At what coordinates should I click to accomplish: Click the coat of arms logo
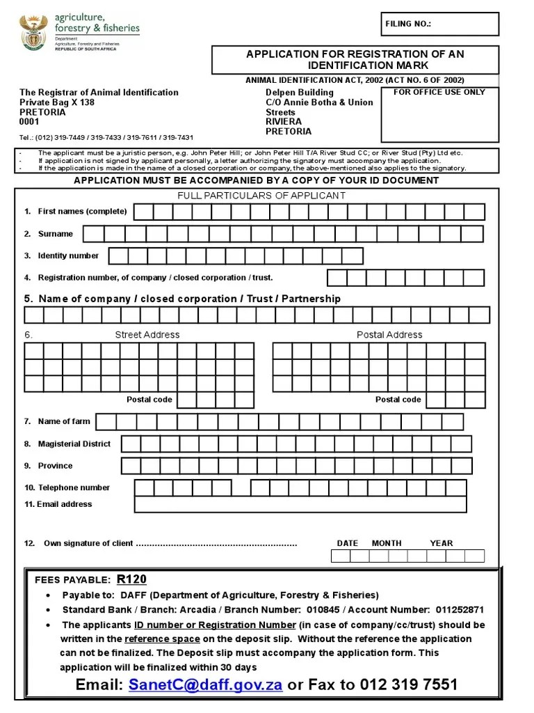coord(33,33)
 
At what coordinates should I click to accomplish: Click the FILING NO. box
coord(439,24)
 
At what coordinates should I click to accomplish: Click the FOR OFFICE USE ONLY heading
coord(439,92)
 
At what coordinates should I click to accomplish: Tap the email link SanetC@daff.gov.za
coord(205,684)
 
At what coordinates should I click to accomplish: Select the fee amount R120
coord(131,579)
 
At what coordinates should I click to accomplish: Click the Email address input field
coord(300,505)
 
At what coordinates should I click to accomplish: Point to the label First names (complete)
coord(82,212)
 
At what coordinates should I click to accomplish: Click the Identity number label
coord(68,256)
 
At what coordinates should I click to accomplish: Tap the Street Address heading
coord(147,335)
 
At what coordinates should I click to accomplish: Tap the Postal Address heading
coord(389,335)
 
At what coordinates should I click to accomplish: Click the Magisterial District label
coord(74,444)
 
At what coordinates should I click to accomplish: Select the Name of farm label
coord(64,421)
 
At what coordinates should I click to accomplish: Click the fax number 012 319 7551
coord(409,684)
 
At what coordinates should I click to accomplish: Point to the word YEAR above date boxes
coord(441,543)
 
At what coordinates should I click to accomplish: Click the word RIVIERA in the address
coord(284,122)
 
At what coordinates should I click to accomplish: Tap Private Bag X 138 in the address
coord(57,102)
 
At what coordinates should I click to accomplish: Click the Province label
coord(55,466)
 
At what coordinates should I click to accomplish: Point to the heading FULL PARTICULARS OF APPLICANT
coord(261,196)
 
